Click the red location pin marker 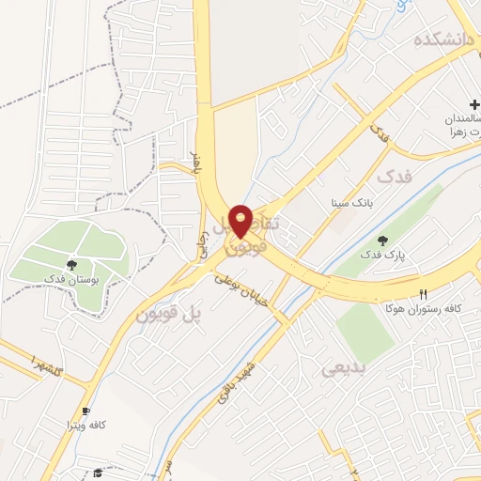(240, 221)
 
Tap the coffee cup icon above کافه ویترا (85, 411)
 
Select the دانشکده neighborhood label (444, 41)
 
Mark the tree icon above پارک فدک (381, 240)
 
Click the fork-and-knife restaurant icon (424, 294)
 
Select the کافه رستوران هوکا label (422, 308)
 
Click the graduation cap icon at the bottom (98, 473)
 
